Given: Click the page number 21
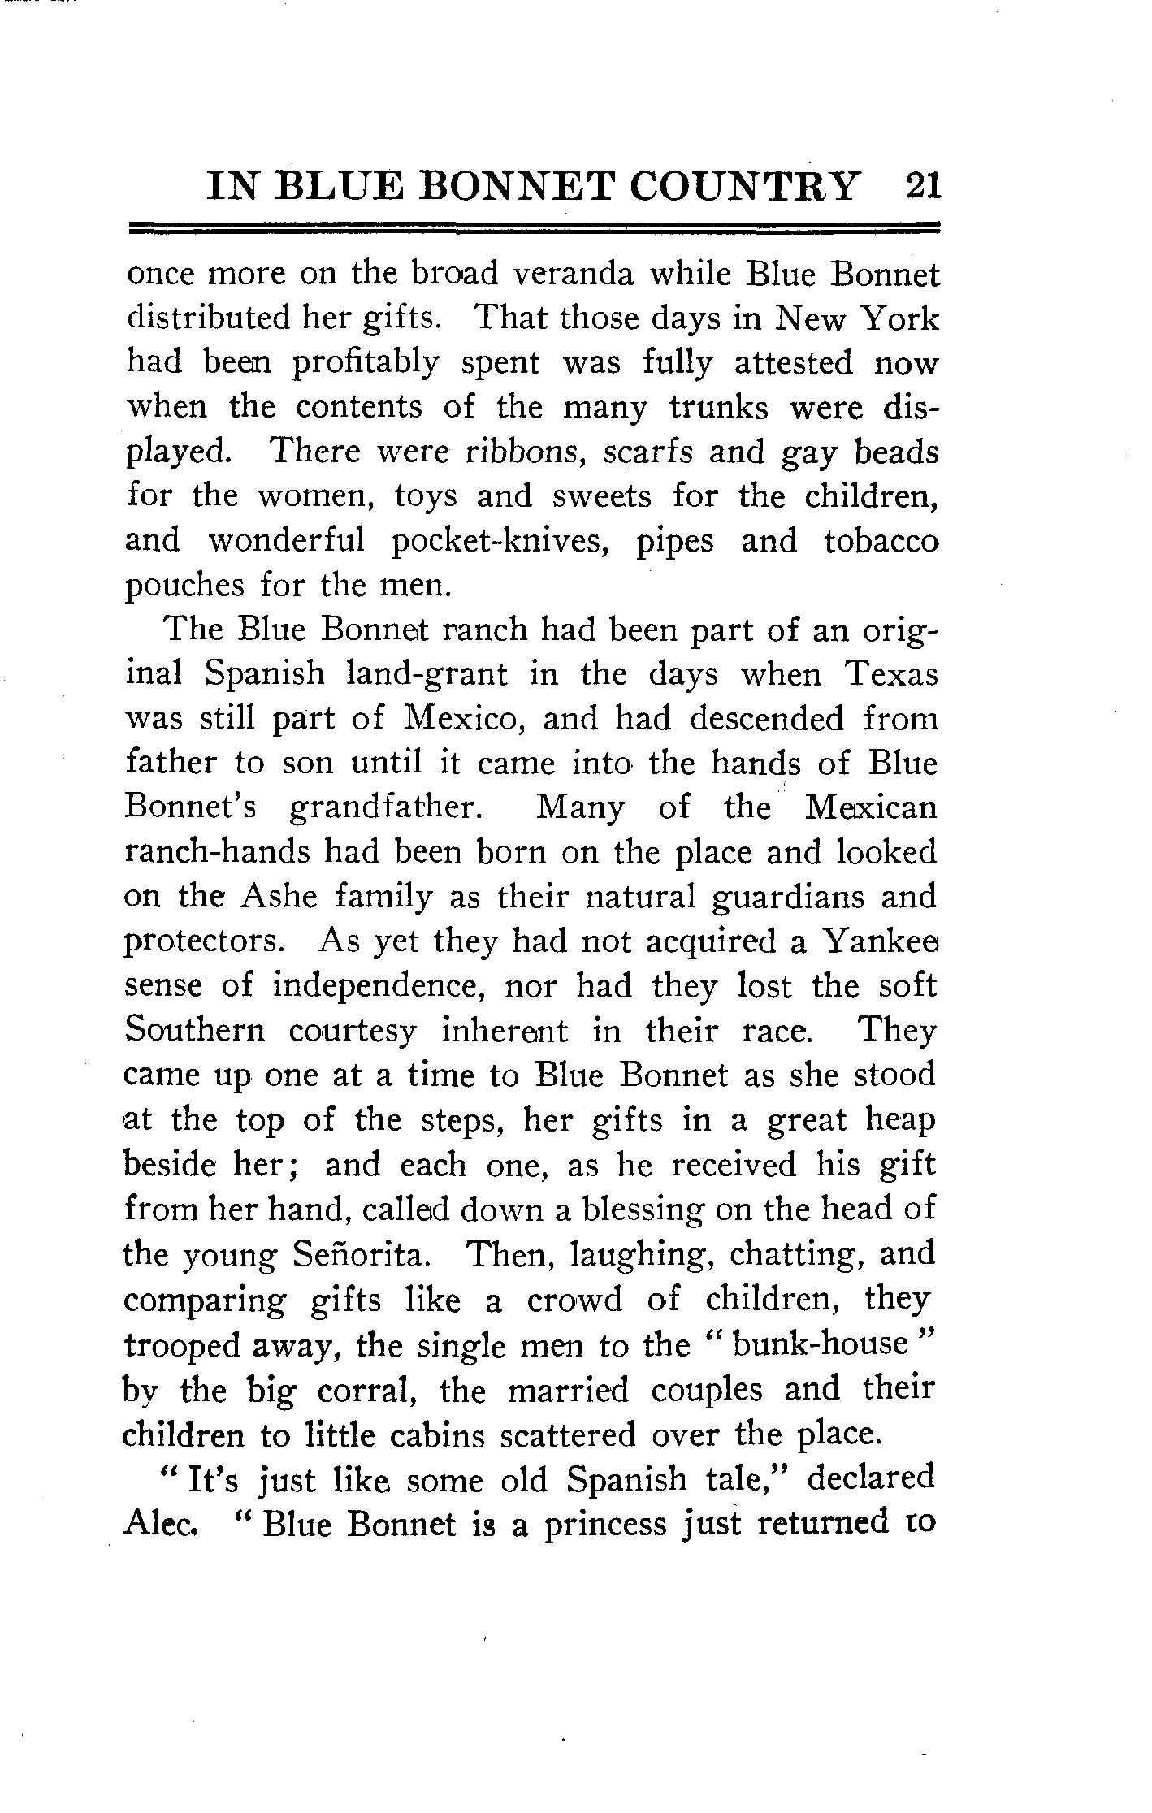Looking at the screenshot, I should [921, 186].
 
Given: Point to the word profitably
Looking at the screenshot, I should [366, 364].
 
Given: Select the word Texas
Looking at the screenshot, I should [891, 675].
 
